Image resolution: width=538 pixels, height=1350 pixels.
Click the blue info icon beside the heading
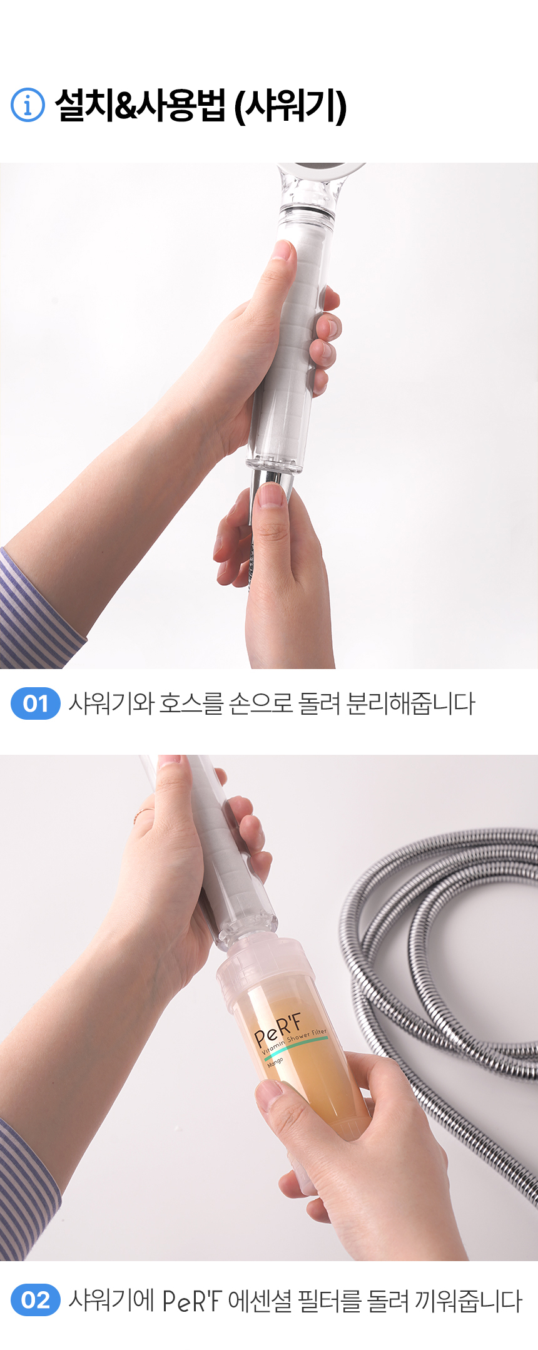tap(28, 105)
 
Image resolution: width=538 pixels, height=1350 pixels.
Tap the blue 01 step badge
tap(36, 703)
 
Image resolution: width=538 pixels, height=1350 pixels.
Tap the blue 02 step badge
tap(36, 1300)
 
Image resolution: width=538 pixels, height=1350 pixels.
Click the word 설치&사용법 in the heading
tap(140, 105)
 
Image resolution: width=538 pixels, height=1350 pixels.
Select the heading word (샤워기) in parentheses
tap(290, 106)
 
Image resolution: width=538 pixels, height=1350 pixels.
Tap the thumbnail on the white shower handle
tap(282, 250)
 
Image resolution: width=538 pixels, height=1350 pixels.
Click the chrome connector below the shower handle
tap(271, 488)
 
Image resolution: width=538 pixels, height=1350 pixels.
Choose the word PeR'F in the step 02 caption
tap(191, 1301)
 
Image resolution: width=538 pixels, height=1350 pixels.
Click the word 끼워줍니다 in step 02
tap(468, 1301)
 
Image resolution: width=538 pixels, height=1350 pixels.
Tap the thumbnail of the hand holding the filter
tap(270, 1091)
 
